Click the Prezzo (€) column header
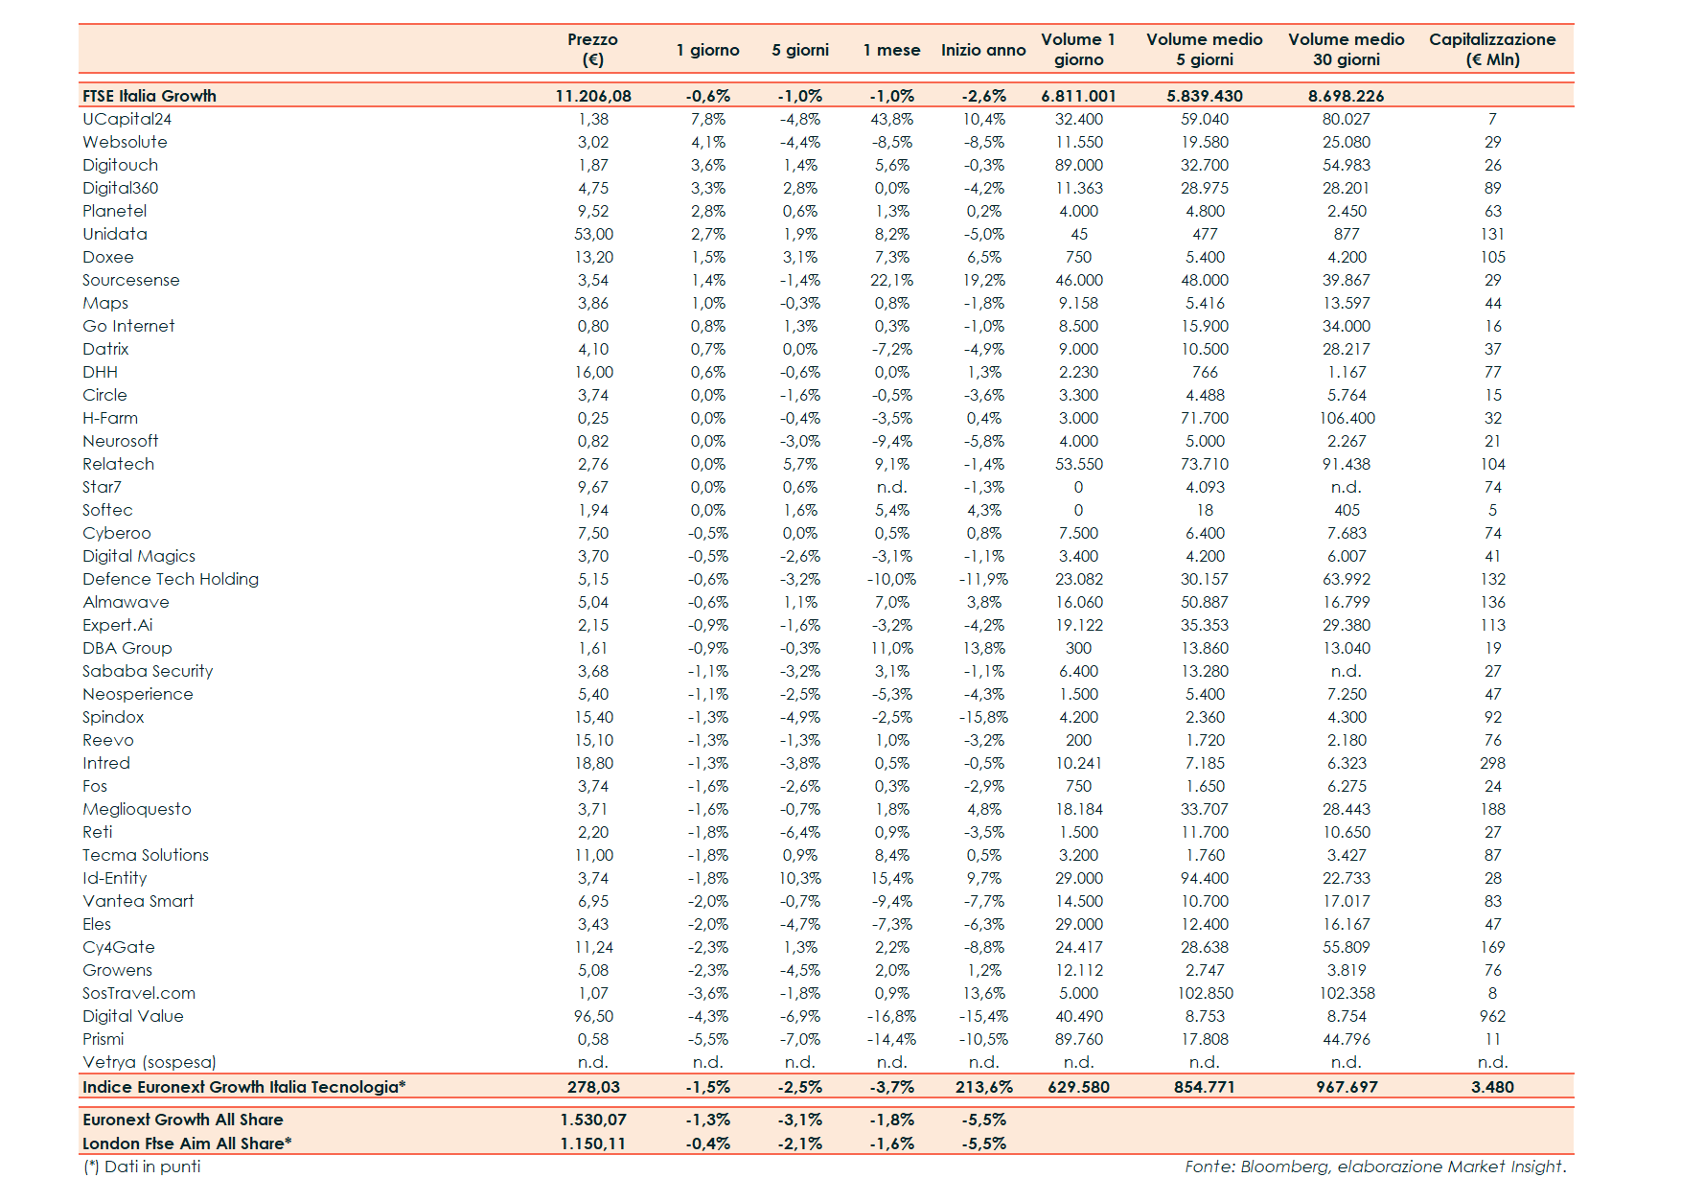pyautogui.click(x=592, y=50)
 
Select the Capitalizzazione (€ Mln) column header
pyautogui.click(x=1491, y=50)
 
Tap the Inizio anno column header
pyautogui.click(x=982, y=50)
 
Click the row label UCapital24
pyautogui.click(x=127, y=119)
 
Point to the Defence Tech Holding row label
pyautogui.click(x=171, y=579)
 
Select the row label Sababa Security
pyautogui.click(x=148, y=671)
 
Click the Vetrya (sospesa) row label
pyautogui.click(x=150, y=1062)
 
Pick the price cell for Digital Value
pyautogui.click(x=593, y=1016)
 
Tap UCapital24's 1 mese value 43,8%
pyautogui.click(x=891, y=119)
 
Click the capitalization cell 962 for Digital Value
pyautogui.click(x=1492, y=1016)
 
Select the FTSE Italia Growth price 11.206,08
pyautogui.click(x=593, y=96)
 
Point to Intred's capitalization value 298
pyautogui.click(x=1492, y=763)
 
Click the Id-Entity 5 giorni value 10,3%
pyautogui.click(x=799, y=878)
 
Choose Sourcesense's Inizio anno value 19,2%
pyautogui.click(x=983, y=280)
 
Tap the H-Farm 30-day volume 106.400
pyautogui.click(x=1347, y=418)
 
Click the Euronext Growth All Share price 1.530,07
pyautogui.click(x=593, y=1120)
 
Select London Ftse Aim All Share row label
pyautogui.click(x=187, y=1143)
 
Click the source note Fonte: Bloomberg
pyautogui.click(x=1374, y=1166)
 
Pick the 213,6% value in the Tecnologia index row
pyautogui.click(x=983, y=1087)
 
